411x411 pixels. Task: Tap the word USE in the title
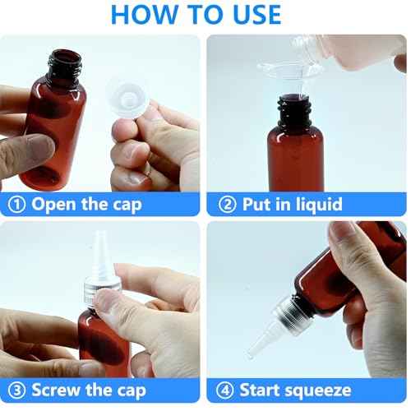tap(250, 14)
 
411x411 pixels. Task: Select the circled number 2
tap(225, 205)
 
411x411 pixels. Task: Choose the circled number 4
tap(225, 390)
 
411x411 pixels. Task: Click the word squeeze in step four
tap(316, 390)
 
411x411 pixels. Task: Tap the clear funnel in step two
tap(288, 78)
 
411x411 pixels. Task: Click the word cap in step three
tap(132, 390)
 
